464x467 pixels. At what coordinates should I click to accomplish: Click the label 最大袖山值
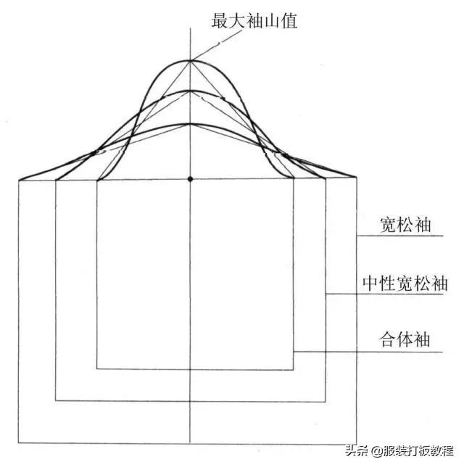[x=254, y=21]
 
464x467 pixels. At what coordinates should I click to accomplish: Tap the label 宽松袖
[x=405, y=225]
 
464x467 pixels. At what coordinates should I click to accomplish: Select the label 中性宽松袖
[x=405, y=283]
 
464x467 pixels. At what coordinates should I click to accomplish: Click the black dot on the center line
[x=190, y=178]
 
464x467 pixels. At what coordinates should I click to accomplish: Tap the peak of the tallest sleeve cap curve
[x=190, y=60]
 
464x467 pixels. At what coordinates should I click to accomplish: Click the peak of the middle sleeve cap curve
[x=190, y=91]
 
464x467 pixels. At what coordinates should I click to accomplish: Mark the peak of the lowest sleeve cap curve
[x=190, y=124]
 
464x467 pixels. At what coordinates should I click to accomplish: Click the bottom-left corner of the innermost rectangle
[x=97, y=369]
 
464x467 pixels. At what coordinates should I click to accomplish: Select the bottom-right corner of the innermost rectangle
[x=294, y=369]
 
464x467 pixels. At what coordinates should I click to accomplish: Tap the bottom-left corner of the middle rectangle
[x=56, y=400]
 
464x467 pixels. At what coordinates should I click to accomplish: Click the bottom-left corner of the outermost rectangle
[x=20, y=442]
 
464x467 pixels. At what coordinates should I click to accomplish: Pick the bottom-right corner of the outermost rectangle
[x=357, y=442]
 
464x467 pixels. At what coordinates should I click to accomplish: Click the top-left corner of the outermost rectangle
[x=20, y=179]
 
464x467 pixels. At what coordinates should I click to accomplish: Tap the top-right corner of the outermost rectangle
[x=357, y=178]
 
